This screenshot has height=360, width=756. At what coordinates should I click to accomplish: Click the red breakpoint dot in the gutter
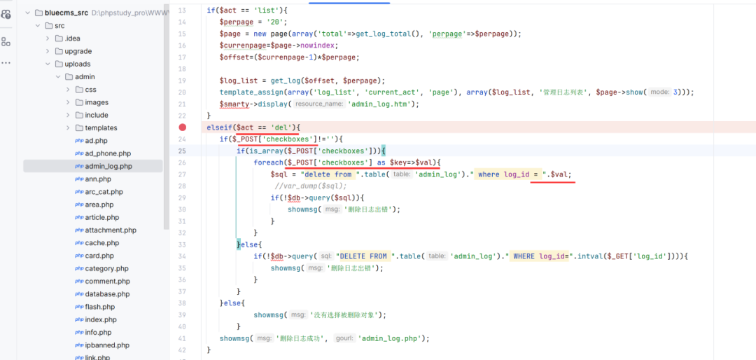coord(183,127)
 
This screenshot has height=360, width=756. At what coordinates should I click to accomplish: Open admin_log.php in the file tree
coord(108,166)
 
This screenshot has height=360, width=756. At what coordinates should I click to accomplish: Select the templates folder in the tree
coord(101,127)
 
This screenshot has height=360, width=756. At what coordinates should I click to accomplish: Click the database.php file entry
coord(107,293)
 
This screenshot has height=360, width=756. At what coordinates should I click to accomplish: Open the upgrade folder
coord(78,51)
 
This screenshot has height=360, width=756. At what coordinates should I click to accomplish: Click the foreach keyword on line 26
coord(268,162)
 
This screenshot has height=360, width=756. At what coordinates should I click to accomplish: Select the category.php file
coord(106,268)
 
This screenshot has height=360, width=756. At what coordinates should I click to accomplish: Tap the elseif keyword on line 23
coord(218,127)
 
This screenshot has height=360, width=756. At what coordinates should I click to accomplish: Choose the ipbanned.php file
coord(107,345)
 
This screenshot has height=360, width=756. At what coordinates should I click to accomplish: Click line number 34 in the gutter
coord(182,256)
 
